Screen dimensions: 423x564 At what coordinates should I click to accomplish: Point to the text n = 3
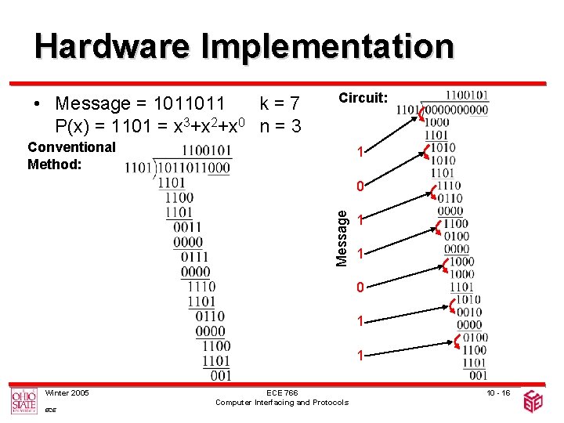pyautogui.click(x=281, y=125)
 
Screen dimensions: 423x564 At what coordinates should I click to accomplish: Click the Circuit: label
pyautogui.click(x=363, y=98)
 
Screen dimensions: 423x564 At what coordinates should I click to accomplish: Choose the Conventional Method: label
pyautogui.click(x=71, y=155)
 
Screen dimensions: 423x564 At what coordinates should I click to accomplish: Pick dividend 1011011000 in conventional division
pyautogui.click(x=194, y=167)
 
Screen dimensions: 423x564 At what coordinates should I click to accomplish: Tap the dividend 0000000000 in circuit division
pyautogui.click(x=455, y=110)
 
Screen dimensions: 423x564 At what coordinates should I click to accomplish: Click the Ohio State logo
pyautogui.click(x=23, y=400)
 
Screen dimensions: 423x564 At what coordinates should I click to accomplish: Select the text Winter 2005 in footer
pyautogui.click(x=67, y=392)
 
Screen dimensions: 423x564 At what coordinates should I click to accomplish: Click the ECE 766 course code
pyautogui.click(x=282, y=392)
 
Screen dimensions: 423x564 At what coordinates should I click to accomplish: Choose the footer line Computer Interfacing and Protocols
pyautogui.click(x=282, y=403)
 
